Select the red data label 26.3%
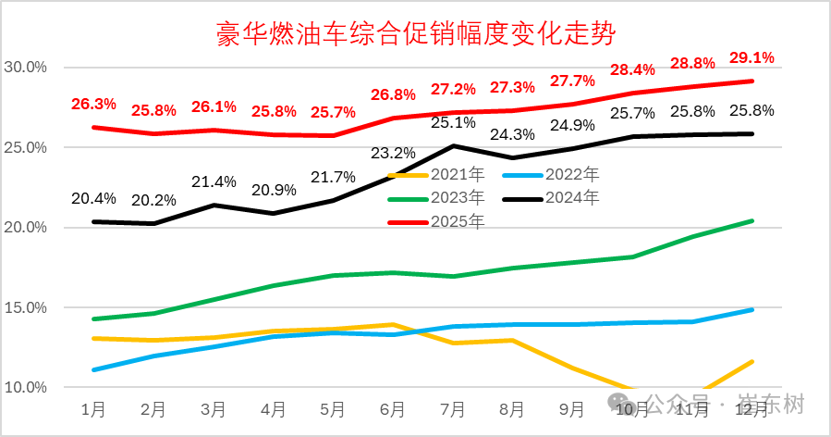94,104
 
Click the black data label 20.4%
94,198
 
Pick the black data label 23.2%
393,153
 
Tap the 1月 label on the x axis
93,408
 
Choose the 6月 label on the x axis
393,408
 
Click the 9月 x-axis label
572,408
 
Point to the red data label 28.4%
632,69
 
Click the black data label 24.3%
512,134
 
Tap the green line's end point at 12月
752,220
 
